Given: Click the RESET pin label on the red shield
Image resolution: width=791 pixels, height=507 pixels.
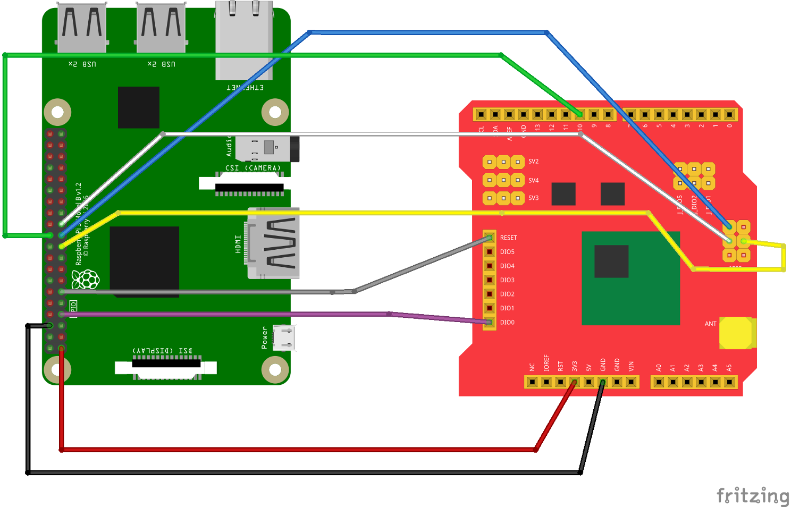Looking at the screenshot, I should [508, 238].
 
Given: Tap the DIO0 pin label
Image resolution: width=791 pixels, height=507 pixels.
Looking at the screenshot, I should [507, 323].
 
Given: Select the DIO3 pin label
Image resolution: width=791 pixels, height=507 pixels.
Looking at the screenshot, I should [507, 280].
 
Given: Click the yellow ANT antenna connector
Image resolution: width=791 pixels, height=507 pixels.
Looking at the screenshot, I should [737, 333].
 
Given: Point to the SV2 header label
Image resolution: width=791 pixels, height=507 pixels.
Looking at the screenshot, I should [533, 162].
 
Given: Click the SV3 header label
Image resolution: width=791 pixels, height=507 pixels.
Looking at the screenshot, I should [533, 198].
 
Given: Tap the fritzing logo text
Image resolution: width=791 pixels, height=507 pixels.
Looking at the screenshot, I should [753, 495].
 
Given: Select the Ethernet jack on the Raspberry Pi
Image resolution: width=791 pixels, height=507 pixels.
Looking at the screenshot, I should [244, 40].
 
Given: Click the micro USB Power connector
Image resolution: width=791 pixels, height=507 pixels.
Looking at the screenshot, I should [284, 337].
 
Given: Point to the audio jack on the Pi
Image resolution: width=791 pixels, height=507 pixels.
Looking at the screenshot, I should [267, 148].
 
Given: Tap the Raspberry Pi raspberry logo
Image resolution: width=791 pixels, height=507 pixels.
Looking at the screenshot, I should [85, 279].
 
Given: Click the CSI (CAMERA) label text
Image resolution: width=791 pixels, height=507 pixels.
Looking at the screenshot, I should [253, 168].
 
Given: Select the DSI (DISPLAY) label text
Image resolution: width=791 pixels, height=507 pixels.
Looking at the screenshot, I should [163, 351].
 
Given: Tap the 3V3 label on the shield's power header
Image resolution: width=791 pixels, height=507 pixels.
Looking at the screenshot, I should [575, 366].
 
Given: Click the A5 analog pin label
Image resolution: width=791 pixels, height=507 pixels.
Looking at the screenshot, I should [729, 368].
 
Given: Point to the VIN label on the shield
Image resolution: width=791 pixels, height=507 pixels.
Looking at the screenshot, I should [631, 366].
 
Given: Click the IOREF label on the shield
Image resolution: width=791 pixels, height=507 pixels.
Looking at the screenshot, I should [546, 363].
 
